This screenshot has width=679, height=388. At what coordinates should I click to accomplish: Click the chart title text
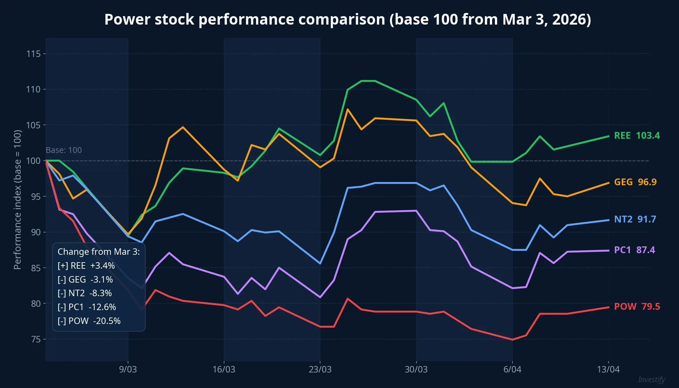(x=348, y=19)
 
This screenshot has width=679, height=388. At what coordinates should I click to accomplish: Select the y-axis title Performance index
(x=17, y=199)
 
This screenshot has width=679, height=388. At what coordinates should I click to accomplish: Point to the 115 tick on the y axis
(x=34, y=54)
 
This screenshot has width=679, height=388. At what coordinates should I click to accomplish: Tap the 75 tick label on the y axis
(x=36, y=339)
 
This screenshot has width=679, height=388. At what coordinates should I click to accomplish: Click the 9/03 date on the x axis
(x=128, y=369)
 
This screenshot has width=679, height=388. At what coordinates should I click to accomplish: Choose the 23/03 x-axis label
(x=320, y=369)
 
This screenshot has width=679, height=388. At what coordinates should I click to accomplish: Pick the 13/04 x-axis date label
(x=608, y=369)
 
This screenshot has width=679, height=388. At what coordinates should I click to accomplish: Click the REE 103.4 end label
(x=637, y=135)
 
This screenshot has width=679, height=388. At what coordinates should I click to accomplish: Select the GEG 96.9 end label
(x=635, y=182)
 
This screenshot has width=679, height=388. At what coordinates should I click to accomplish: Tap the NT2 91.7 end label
(x=635, y=219)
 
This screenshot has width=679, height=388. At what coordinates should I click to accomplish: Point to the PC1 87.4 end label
(x=634, y=250)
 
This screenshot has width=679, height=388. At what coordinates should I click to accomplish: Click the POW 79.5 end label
(x=637, y=307)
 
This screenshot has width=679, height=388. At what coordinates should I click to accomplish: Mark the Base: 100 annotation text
(x=64, y=150)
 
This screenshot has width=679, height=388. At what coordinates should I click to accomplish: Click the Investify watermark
(x=652, y=380)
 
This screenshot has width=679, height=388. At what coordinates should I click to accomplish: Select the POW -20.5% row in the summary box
(x=89, y=321)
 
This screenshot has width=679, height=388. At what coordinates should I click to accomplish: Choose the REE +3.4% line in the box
(x=86, y=265)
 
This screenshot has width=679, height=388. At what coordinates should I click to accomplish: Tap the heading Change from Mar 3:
(x=99, y=252)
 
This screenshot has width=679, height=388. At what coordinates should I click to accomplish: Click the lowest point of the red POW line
(x=512, y=339)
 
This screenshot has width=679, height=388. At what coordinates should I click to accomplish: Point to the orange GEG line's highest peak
(x=348, y=109)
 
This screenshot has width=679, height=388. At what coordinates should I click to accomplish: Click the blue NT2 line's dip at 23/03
(x=320, y=264)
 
